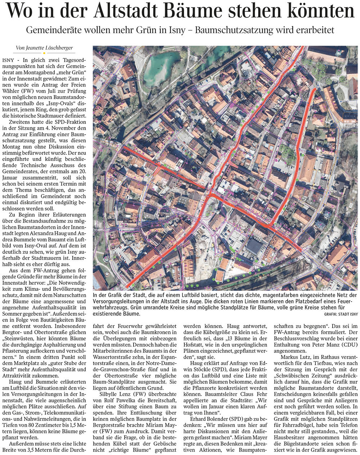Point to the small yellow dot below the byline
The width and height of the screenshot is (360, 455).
coord(44,53)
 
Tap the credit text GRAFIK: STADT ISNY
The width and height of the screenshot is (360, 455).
coord(341,314)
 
